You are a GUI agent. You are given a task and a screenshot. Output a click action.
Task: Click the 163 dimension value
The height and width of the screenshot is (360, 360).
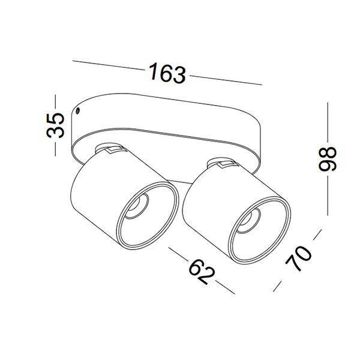[167, 73]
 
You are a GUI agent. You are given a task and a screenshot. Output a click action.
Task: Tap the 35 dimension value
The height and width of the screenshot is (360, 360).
[55, 125]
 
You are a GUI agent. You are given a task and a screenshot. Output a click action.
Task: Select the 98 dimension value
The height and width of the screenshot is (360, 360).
[328, 159]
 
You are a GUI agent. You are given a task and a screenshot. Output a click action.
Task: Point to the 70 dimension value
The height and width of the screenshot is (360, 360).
[298, 259]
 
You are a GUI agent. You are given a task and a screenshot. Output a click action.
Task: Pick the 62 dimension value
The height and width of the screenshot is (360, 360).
[202, 272]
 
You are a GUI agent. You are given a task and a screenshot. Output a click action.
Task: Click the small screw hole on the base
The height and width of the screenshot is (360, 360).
[78, 110]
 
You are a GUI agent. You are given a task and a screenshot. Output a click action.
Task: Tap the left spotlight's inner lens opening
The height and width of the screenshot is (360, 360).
[137, 205]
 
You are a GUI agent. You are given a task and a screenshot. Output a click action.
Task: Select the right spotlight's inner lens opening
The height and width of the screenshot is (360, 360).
[249, 220]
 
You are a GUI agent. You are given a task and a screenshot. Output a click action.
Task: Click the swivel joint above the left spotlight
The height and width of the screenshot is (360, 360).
[110, 149]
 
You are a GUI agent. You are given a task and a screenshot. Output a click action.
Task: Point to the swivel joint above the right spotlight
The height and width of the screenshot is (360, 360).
[222, 163]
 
